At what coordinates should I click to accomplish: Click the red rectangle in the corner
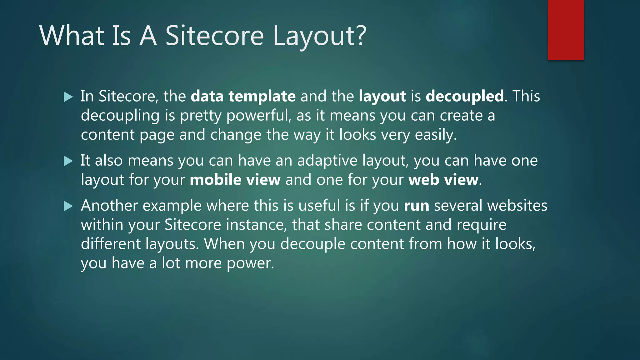(x=566, y=30)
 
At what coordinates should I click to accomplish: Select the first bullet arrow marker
(x=68, y=97)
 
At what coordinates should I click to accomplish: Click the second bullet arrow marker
(x=68, y=161)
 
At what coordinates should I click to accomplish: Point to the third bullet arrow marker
(x=68, y=206)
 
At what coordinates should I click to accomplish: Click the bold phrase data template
(x=243, y=96)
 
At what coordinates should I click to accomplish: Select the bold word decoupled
(x=464, y=96)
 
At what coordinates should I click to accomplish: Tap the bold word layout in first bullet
(x=382, y=96)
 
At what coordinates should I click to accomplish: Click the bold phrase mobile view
(x=235, y=180)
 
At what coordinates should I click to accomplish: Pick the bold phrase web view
(x=443, y=180)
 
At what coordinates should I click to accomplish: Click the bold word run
(x=416, y=206)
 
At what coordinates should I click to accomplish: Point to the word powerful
(x=258, y=116)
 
